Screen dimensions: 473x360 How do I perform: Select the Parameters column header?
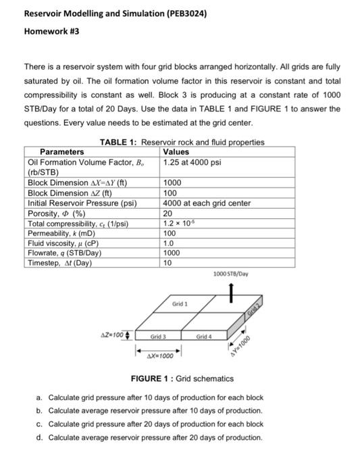coord(62,152)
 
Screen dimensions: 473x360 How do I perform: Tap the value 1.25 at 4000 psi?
coord(192,162)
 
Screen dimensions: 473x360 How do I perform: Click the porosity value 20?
coord(169,213)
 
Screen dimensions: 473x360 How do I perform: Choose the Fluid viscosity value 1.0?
coord(169,243)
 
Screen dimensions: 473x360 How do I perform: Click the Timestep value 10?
coord(169,263)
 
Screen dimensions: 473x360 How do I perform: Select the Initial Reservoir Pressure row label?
coord(82,203)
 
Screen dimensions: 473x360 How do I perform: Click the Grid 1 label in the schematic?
coord(180,304)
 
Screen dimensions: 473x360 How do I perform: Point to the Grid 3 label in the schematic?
coord(158,336)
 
